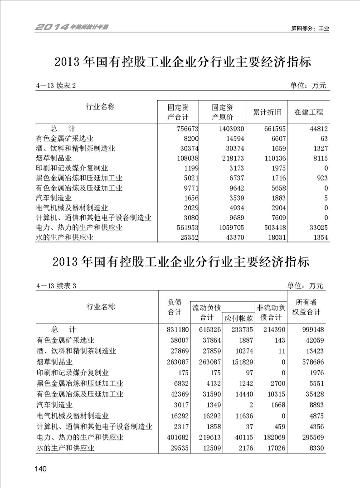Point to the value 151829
pyautogui.click(x=237, y=362)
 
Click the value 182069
pyautogui.click(x=272, y=438)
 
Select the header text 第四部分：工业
pyautogui.click(x=310, y=28)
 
